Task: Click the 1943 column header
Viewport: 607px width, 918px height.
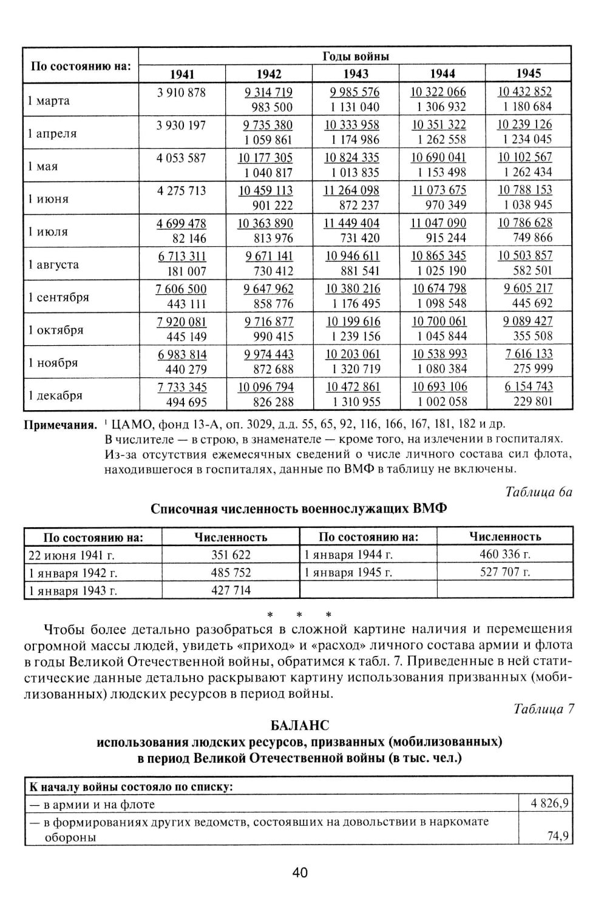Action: click(x=356, y=74)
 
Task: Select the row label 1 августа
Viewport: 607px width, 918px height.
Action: click(x=53, y=265)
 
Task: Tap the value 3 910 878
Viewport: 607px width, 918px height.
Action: click(x=181, y=93)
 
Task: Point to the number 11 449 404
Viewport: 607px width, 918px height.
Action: click(x=352, y=223)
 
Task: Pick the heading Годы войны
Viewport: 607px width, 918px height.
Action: click(x=355, y=56)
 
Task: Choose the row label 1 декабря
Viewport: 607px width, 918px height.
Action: click(x=55, y=396)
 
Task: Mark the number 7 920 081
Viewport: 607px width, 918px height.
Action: click(x=181, y=322)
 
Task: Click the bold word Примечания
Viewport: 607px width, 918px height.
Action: click(x=60, y=424)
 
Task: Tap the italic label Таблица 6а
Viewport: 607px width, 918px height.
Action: click(x=538, y=491)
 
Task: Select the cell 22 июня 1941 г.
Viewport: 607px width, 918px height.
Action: click(x=72, y=555)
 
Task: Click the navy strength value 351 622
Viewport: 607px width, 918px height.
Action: click(x=231, y=555)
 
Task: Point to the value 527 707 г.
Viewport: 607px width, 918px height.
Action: click(x=505, y=572)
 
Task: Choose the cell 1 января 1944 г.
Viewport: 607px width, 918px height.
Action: click(x=348, y=555)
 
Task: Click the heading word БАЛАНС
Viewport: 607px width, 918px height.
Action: click(x=300, y=725)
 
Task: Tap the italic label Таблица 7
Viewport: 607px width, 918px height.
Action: click(x=543, y=709)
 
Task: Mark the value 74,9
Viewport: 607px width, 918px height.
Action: click(x=557, y=836)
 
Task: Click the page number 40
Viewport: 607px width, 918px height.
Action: click(x=300, y=872)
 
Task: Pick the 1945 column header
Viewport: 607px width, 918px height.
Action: click(x=529, y=73)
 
